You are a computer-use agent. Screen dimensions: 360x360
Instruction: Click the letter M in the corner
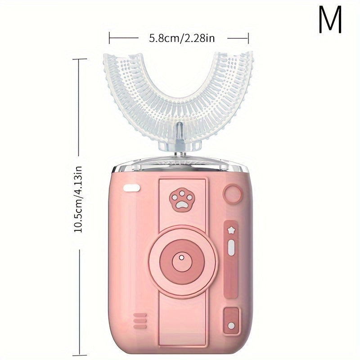pos(331,20)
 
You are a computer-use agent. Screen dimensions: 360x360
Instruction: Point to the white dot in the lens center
pos(181,258)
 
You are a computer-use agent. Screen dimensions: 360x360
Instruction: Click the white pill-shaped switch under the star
pos(231,247)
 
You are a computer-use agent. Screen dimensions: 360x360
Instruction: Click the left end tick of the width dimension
pos(109,38)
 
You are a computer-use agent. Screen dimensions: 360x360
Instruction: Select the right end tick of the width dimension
pos(248,38)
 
